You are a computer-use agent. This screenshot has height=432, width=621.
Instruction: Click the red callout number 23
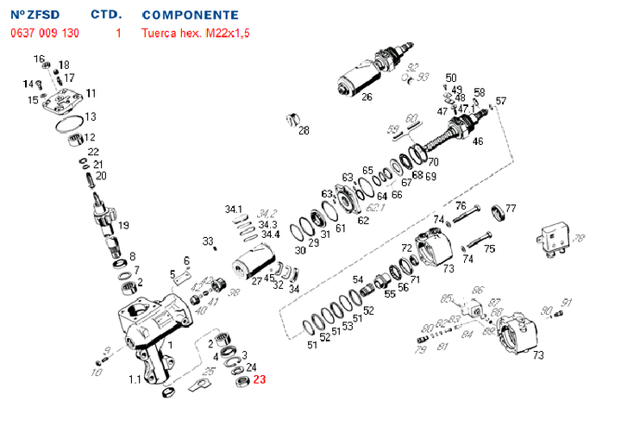coord(260,378)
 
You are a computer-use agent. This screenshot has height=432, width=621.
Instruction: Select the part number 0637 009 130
coord(45,34)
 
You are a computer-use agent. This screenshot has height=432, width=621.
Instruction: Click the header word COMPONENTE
coord(190,16)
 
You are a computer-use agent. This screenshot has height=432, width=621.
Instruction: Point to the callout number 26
coord(367,97)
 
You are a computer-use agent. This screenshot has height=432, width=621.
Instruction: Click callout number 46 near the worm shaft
coord(478,141)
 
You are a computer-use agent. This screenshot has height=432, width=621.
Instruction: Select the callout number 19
coord(123,225)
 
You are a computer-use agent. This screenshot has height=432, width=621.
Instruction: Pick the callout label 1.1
coord(135,379)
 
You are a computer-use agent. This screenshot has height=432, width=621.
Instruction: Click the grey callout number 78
coord(579,238)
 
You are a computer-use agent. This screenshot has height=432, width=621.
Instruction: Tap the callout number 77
coord(511,209)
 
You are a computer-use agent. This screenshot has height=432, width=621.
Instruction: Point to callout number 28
coord(304,131)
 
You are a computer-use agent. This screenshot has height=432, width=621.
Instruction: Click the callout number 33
coord(207,240)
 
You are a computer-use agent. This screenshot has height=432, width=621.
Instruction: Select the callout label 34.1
coord(235,210)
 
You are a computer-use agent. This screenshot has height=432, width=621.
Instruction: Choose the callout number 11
coord(91,93)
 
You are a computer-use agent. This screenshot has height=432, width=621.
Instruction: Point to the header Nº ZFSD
coord(30,16)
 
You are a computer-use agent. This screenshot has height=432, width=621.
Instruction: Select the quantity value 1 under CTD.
coord(118,34)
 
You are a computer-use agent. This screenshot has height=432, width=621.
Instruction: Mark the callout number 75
coord(489,249)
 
